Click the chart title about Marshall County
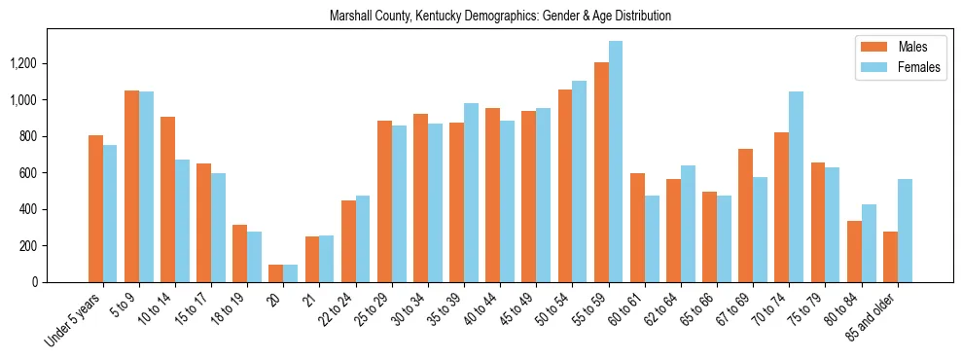[x=500, y=17]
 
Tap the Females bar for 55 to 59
[x=616, y=162]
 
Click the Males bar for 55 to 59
[x=601, y=172]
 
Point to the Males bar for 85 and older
[x=890, y=257]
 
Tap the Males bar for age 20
[x=276, y=273]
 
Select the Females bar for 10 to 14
[x=182, y=221]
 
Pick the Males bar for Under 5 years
[x=95, y=208]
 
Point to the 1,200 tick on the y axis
[x=50, y=63]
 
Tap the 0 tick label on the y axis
[x=62, y=282]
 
